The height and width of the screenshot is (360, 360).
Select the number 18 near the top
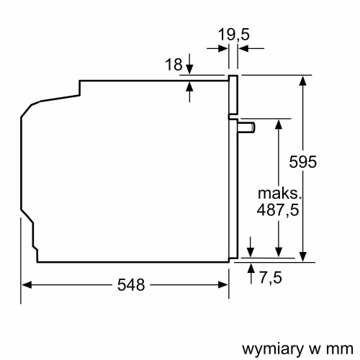pos(173,64)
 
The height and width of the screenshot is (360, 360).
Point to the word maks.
pos(278,194)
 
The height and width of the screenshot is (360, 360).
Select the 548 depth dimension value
pos(130,284)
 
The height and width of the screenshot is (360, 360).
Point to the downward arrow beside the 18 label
pos(189,69)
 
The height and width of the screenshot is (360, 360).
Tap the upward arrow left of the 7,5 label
pos(251,268)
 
